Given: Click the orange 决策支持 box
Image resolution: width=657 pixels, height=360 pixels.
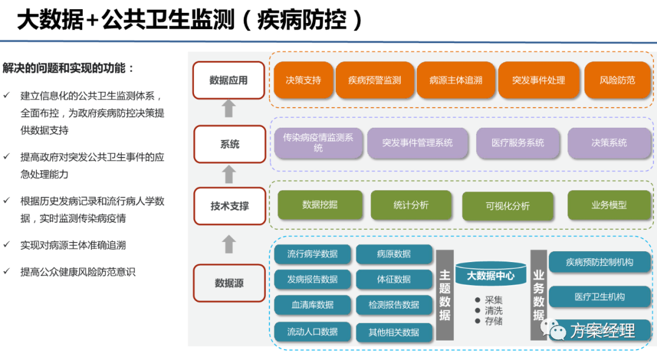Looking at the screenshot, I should point(303,80).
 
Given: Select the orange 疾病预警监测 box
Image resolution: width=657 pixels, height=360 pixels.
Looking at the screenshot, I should point(375,80).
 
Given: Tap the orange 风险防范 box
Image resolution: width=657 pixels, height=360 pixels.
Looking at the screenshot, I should point(617,80).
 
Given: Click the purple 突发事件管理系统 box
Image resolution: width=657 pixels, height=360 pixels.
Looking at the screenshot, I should point(417,143).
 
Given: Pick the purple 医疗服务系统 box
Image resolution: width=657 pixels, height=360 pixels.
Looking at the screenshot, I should point(518,143).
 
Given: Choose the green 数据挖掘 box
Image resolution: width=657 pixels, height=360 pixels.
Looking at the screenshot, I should point(319,205).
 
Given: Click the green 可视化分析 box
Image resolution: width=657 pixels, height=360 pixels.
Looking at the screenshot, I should point(507,206).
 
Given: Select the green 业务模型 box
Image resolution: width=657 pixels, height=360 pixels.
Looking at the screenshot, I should point(608,205).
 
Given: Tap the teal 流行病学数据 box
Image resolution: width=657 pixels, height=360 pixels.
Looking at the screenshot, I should point(312,254).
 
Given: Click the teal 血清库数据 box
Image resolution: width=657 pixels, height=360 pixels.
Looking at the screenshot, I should point(312,305).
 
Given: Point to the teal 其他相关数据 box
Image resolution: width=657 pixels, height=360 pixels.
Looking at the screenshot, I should point(394,332).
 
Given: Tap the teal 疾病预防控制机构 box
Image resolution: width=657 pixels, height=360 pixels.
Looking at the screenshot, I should point(599,262).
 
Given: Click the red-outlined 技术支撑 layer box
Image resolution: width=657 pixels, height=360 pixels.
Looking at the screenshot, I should point(229,206).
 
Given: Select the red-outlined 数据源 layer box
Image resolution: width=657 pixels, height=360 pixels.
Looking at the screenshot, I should point(229,283).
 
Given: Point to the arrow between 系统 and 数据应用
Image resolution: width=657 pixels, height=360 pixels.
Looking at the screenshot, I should point(229,109).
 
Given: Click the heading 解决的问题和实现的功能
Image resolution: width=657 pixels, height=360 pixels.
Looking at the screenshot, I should point(68,68).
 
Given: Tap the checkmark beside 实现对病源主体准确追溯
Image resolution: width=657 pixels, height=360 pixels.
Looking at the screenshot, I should point(7,245).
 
